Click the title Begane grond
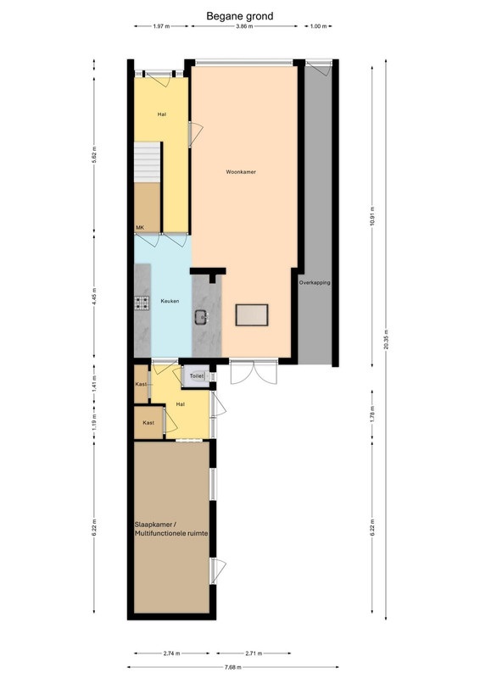tap(240, 16)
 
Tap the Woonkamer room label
tap(241, 172)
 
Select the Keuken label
tap(170, 301)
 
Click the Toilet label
tap(197, 376)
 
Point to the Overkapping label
tap(315, 283)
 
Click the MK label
tap(140, 228)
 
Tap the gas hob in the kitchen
tap(142, 303)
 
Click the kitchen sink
tap(201, 317)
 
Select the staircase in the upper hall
tap(148, 162)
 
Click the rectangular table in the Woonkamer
tap(252, 314)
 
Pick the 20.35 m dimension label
tap(386, 340)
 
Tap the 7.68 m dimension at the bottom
tap(233, 667)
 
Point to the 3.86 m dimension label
tap(244, 26)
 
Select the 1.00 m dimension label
tap(318, 26)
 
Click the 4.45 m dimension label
tap(94, 296)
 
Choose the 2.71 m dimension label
tap(254, 653)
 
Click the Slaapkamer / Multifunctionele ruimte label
tap(171, 529)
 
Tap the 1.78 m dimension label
tap(372, 414)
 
